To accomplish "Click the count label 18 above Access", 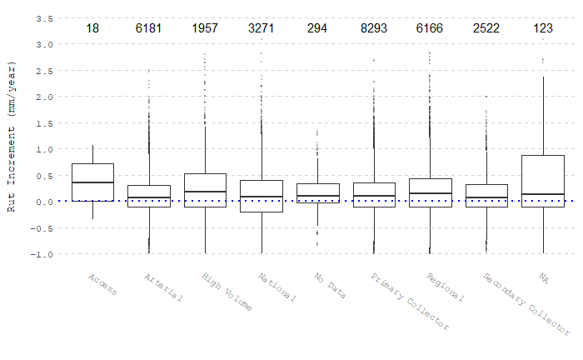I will (x=92, y=28).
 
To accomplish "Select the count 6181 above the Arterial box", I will (x=149, y=28).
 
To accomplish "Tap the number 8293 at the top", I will (x=374, y=28).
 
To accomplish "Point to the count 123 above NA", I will (x=543, y=28).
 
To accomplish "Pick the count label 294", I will (x=317, y=28).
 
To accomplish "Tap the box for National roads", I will (x=262, y=196).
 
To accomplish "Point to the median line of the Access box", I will (x=92, y=182).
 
